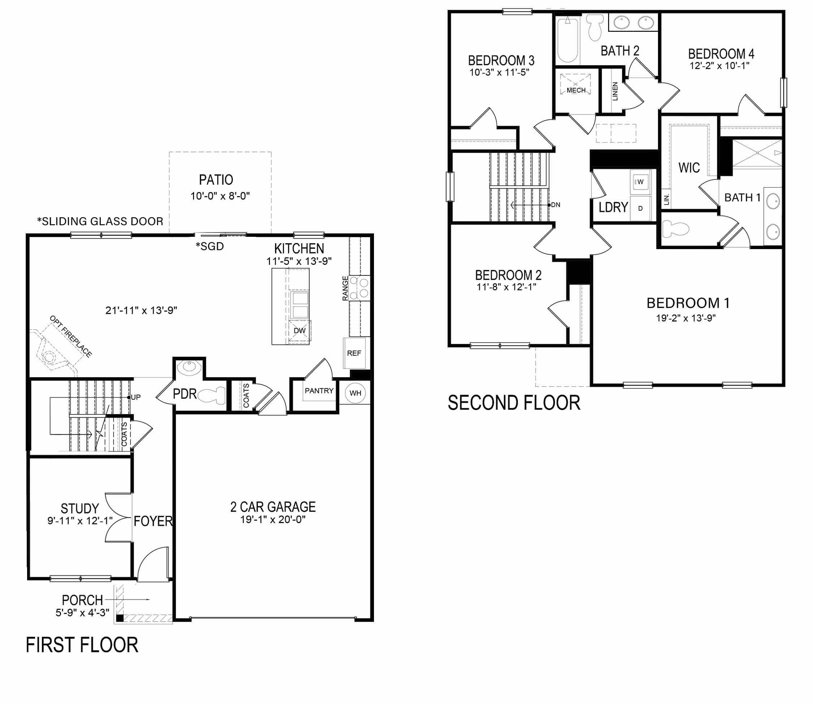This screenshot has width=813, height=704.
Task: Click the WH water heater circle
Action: pos(356,393)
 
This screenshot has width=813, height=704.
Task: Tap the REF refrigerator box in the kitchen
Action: pos(354,353)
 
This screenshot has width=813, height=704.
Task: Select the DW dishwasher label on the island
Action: pos(300,331)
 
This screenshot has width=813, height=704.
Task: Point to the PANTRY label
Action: pos(319,391)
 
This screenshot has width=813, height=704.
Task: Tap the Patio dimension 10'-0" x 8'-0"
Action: pos(220,196)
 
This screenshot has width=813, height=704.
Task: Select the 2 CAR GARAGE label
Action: pos(273,507)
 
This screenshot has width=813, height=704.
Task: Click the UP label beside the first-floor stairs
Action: pos(135,397)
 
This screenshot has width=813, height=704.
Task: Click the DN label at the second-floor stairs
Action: pos(555,205)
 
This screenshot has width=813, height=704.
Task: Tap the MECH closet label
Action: pos(576,90)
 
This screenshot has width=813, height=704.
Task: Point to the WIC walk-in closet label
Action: pos(689,168)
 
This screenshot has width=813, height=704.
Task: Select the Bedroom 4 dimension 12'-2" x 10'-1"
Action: pos(719,66)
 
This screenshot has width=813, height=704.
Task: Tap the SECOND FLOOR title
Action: pos(514,403)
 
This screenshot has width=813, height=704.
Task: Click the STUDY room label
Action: pos(80,508)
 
